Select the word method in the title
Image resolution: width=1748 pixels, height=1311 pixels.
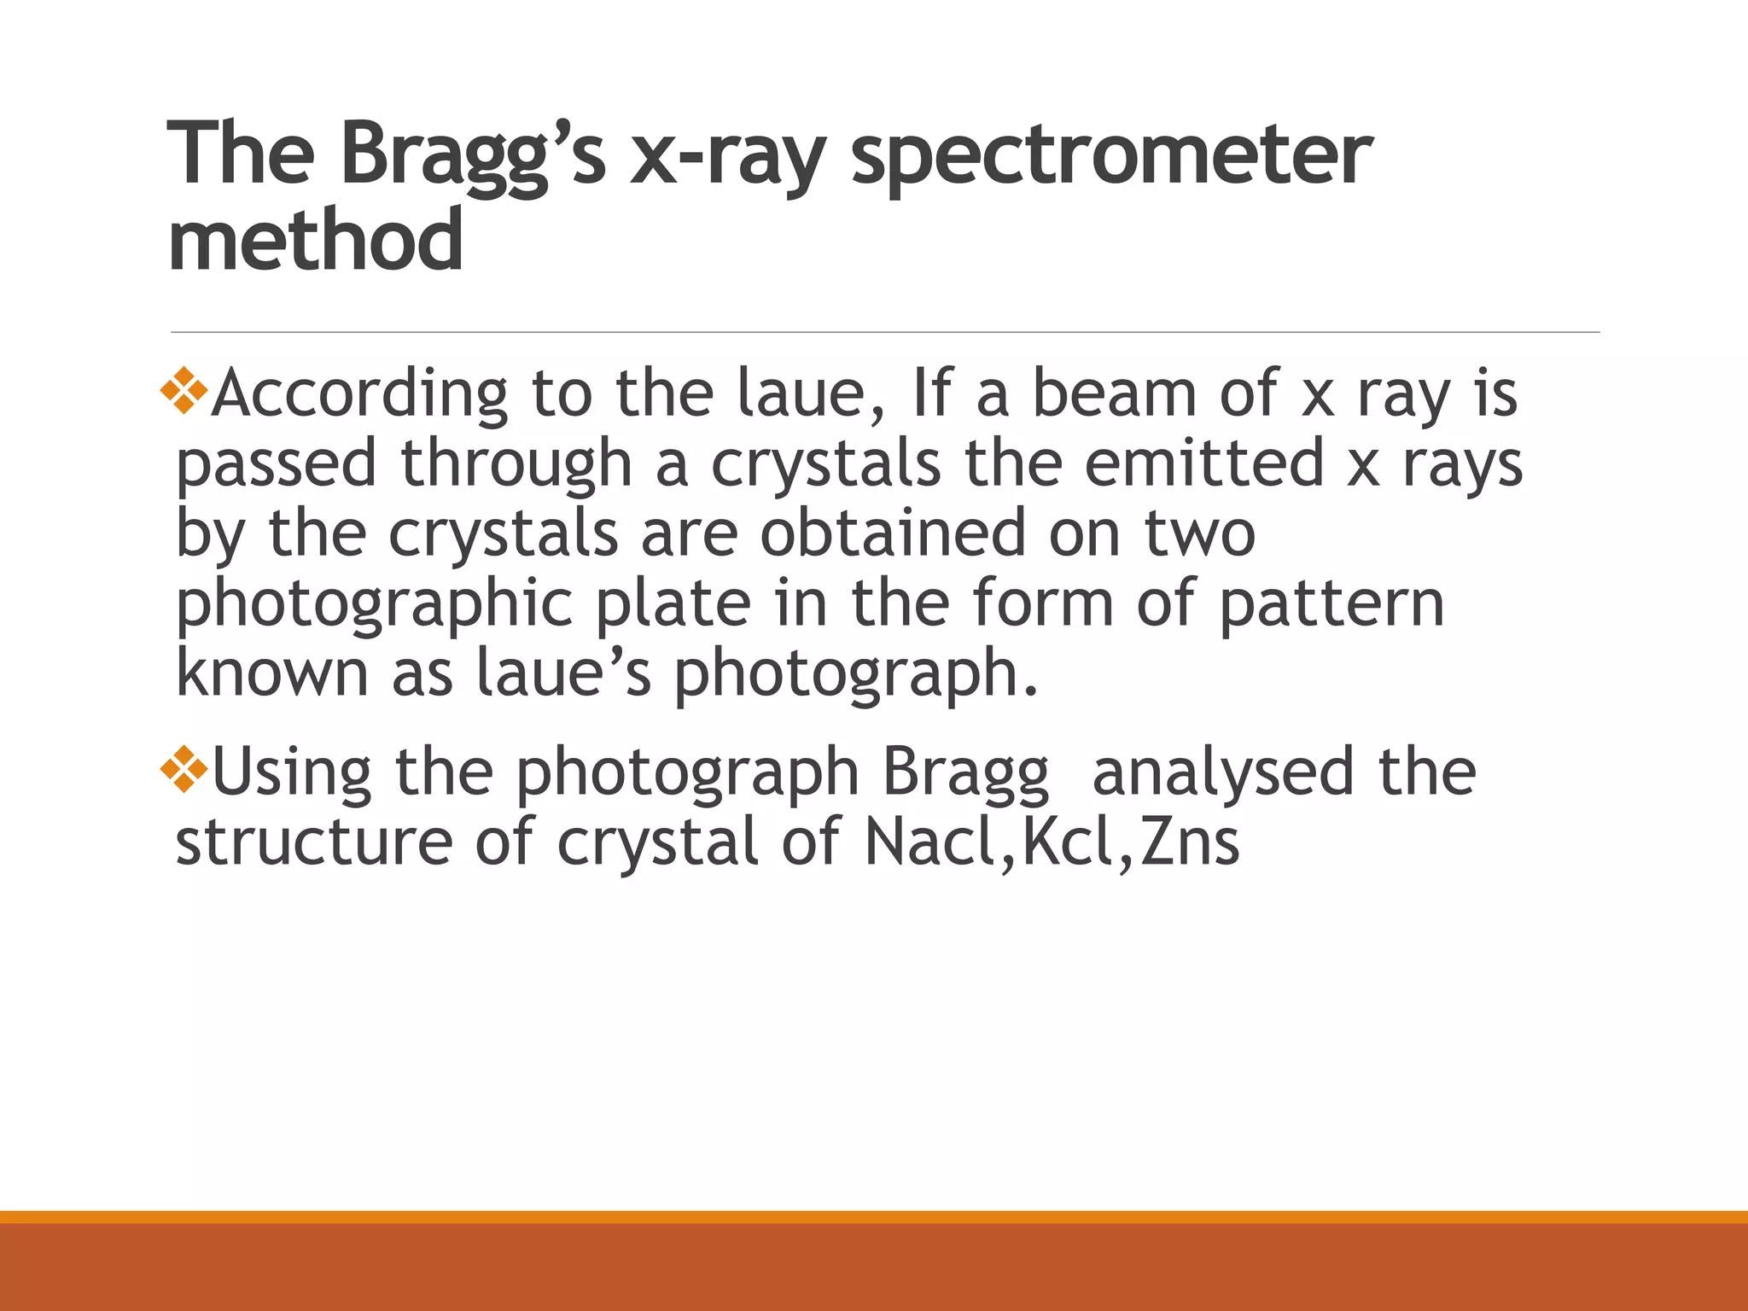pyautogui.click(x=316, y=241)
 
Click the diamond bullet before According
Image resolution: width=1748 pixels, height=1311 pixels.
pyautogui.click(x=184, y=392)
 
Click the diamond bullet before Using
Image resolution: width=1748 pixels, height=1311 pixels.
pyautogui.click(x=184, y=770)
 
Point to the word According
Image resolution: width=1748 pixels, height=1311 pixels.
pyautogui.click(x=359, y=394)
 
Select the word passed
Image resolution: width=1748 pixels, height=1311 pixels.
pyautogui.click(x=276, y=464)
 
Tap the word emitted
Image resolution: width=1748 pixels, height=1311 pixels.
pyautogui.click(x=1204, y=464)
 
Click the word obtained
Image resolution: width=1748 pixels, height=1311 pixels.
pyautogui.click(x=893, y=534)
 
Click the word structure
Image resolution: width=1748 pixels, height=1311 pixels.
pyautogui.click(x=313, y=843)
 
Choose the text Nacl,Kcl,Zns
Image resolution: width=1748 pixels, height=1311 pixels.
pyautogui.click(x=1051, y=843)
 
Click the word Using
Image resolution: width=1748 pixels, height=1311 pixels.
pyautogui.click(x=291, y=773)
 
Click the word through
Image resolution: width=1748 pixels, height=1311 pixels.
pyautogui.click(x=516, y=464)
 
